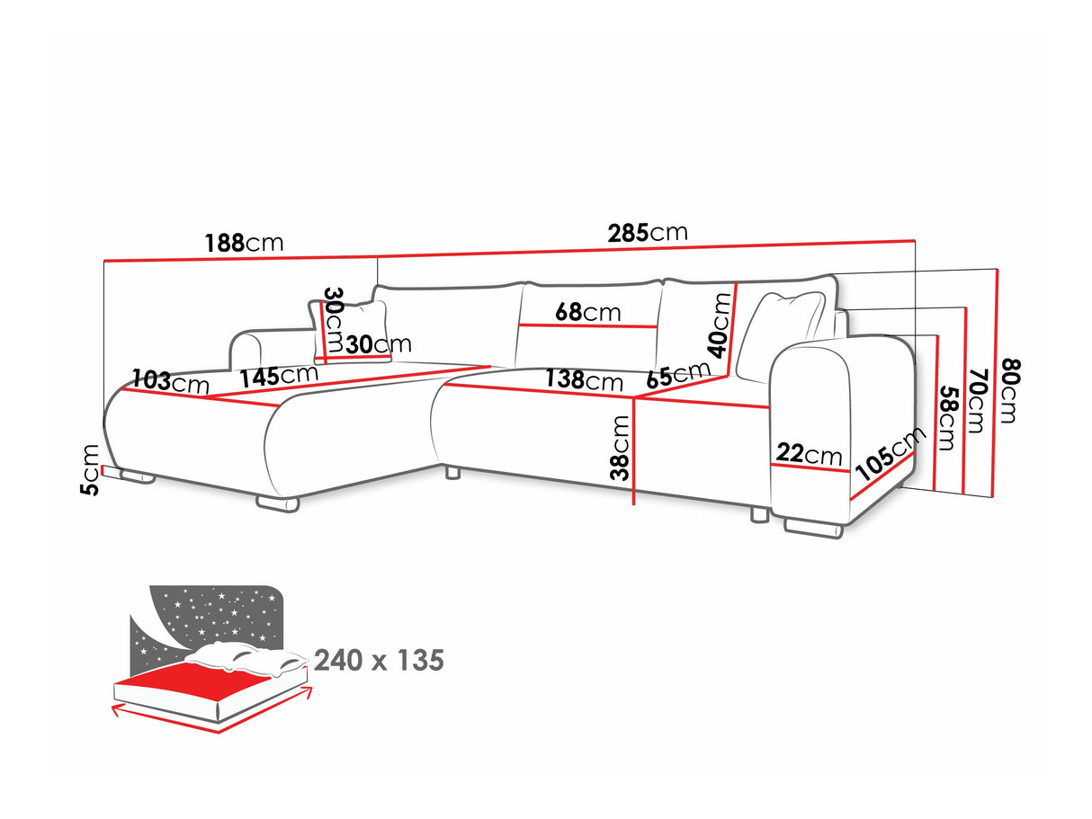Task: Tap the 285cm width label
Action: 648,233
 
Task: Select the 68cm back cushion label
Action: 588,312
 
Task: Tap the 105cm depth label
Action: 890,453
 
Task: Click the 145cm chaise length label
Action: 279,376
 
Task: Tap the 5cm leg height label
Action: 87,469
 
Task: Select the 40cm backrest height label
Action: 719,325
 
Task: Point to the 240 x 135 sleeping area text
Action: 379,661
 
